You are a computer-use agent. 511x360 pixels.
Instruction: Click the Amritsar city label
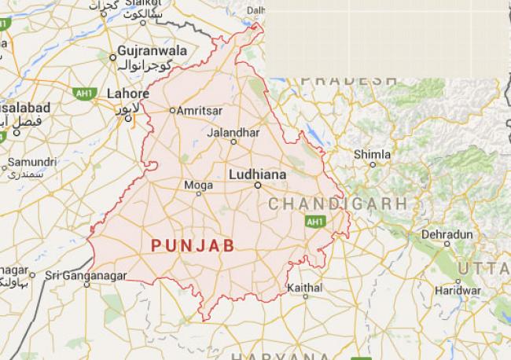point(201,112)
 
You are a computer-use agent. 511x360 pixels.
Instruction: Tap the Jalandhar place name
point(233,133)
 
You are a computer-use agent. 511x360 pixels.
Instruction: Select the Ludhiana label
point(257,172)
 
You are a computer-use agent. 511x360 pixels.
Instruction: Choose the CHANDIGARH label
point(338,203)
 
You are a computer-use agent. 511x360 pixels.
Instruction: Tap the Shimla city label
point(371,154)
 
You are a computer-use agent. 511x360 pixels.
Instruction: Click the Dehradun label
point(447,234)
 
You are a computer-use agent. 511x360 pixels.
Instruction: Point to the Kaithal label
point(305,288)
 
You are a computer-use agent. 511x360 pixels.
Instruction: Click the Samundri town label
point(28,163)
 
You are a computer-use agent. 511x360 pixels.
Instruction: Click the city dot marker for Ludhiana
point(257,186)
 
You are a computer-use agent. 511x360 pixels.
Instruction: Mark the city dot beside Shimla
point(373,164)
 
